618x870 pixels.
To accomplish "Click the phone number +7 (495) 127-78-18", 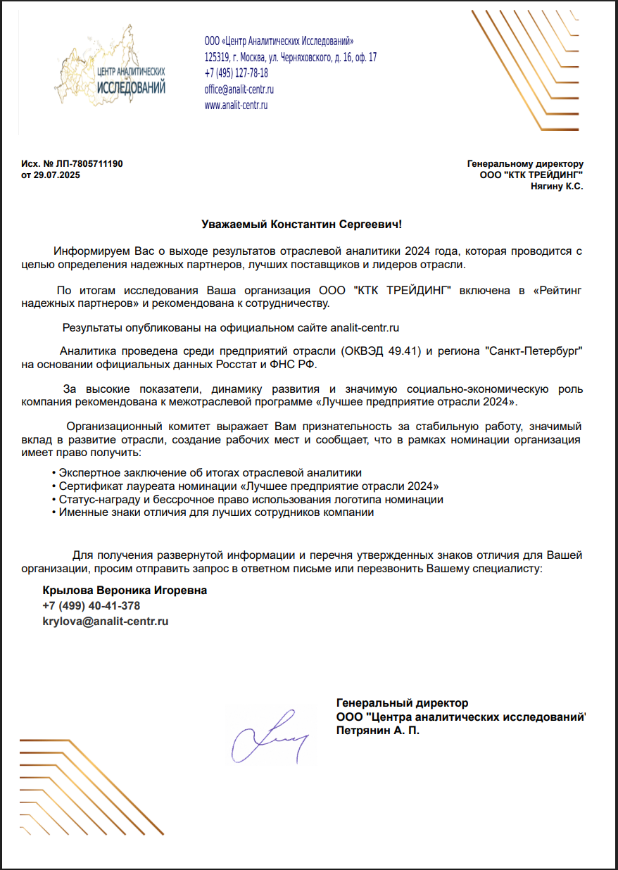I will tap(236, 73).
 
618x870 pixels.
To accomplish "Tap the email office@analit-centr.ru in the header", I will tap(239, 89).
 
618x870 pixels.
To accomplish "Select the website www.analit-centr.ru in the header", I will tap(236, 106).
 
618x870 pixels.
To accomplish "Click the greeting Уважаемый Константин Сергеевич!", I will tap(301, 225).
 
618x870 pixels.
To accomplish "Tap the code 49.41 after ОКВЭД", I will tap(402, 351).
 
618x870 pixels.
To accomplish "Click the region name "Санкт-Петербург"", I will tap(534, 351).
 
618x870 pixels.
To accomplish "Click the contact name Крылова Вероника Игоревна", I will tap(125, 591).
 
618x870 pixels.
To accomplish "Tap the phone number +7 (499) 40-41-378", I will tap(91, 606).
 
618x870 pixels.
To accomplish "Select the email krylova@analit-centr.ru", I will tap(106, 622).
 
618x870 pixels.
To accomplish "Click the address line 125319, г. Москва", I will tap(290, 57).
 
